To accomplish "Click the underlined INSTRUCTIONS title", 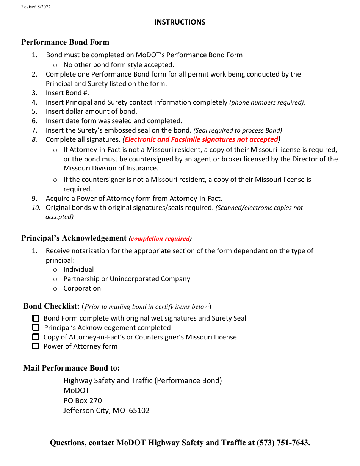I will [x=180, y=22].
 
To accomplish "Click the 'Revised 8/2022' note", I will [x=36, y=7].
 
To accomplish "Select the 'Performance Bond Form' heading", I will [x=65, y=42].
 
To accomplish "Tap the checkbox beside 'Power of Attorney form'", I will [x=36, y=346].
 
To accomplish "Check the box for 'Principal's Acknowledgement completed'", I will [x=36, y=327].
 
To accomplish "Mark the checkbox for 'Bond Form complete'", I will [x=36, y=318].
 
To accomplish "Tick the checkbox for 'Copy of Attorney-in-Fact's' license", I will [x=36, y=337].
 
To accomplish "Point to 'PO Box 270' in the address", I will [x=83, y=400].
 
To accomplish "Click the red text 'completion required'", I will [x=160, y=239].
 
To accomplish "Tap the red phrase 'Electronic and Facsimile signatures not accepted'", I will [x=201, y=139].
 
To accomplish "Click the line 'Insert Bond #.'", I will [x=67, y=93].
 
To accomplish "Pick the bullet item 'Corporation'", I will [x=82, y=288].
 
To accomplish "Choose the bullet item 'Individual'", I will [x=78, y=269].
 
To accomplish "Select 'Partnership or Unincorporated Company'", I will [x=127, y=279].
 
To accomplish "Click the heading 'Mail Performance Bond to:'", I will [x=72, y=368].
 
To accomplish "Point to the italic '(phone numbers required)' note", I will [x=267, y=102].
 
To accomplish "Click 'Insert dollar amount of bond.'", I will [x=91, y=111].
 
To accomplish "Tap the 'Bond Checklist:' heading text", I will [x=51, y=306].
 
